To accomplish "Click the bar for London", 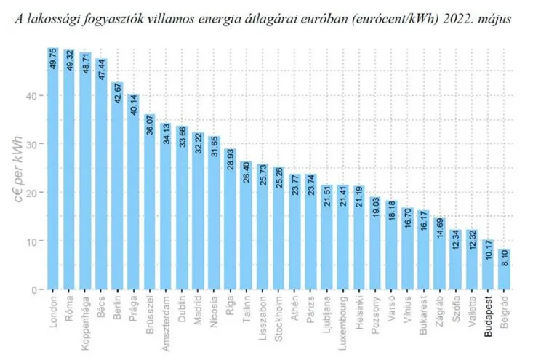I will (x=53, y=175).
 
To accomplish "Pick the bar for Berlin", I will (x=117, y=189).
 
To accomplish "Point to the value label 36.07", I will (x=150, y=126).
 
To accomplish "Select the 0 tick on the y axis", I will (x=36, y=289).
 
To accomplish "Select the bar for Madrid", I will (x=198, y=211).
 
